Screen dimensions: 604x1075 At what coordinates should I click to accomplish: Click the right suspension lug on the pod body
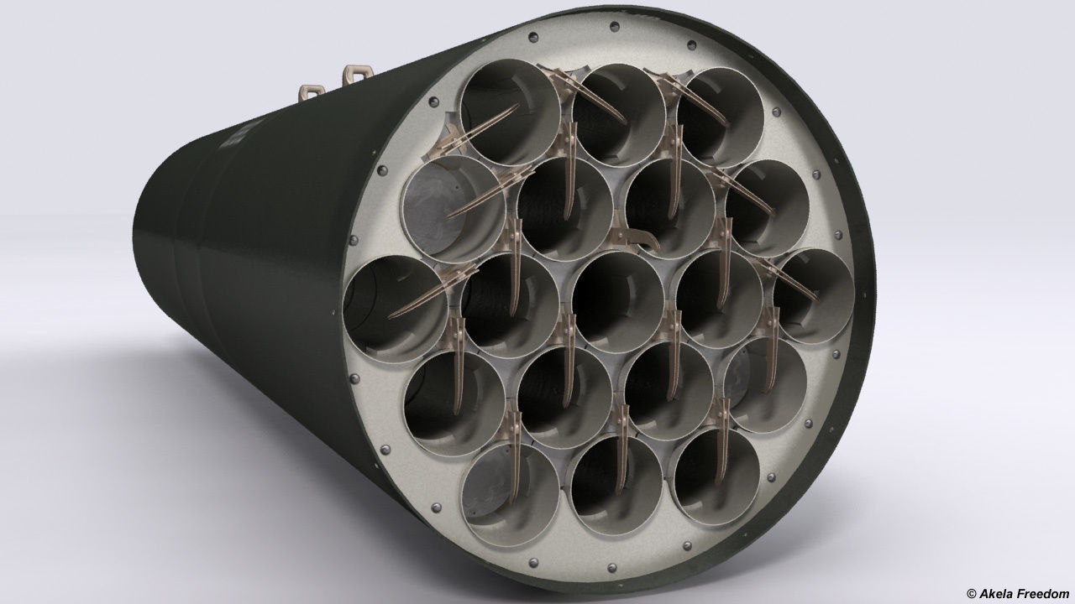354,75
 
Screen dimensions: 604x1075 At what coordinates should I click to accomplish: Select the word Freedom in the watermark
1044,592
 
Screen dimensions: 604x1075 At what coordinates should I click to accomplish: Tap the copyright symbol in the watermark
973,592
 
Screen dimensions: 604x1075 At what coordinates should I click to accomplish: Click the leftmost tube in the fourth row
454,401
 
